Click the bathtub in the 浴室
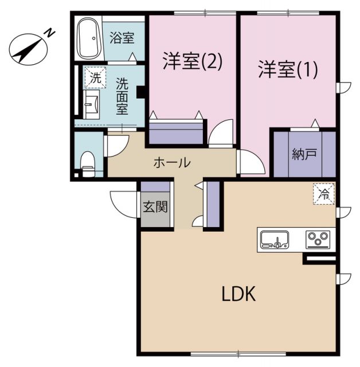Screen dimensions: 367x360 pos(88,38)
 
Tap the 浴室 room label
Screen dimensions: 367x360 pos(122,38)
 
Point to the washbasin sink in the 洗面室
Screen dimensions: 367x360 pos(91,107)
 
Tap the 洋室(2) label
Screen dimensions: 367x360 pos(192,61)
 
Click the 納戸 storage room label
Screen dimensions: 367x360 pos(304,154)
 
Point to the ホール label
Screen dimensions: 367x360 pos(171,162)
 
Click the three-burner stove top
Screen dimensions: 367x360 pos(317,239)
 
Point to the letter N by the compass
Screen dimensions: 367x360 pos(50,33)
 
